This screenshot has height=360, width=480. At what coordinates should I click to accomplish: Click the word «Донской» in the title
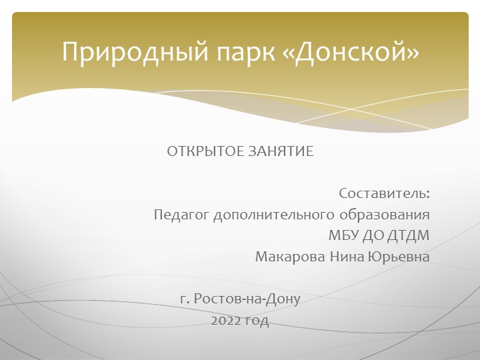357,52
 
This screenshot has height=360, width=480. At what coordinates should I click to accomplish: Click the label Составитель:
384,194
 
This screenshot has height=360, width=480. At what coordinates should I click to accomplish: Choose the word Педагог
181,215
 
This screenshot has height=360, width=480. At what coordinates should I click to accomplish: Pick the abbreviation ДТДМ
407,236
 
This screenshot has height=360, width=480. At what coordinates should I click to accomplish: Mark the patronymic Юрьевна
399,257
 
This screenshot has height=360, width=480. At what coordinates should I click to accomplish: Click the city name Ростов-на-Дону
247,299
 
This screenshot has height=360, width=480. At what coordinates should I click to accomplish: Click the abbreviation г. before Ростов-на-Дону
185,299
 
